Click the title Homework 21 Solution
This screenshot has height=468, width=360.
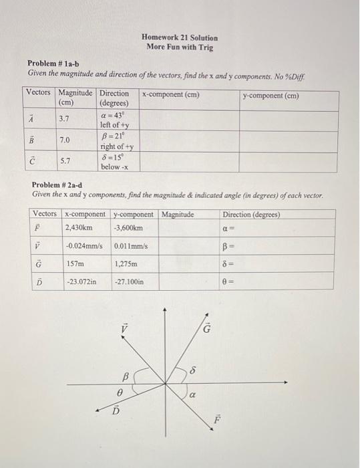pyautogui.click(x=179, y=38)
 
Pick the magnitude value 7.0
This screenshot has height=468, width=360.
pyautogui.click(x=65, y=140)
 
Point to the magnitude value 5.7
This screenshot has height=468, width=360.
pyautogui.click(x=65, y=161)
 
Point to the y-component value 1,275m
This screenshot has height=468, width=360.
pyautogui.click(x=127, y=263)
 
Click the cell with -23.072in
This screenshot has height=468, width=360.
pyautogui.click(x=81, y=282)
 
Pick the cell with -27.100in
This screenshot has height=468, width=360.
pyautogui.click(x=130, y=282)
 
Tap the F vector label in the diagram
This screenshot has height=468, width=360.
pyautogui.click(x=216, y=420)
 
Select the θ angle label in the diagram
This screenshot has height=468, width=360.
pyautogui.click(x=120, y=394)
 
